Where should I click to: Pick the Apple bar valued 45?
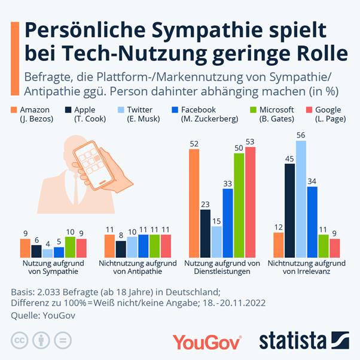[x=290, y=210]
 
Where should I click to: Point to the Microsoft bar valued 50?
[x=239, y=205]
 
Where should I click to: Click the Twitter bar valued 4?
[x=48, y=252]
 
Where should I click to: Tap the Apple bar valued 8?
[x=121, y=248]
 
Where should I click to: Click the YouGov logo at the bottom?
[x=207, y=341]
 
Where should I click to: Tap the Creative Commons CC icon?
[x=21, y=341]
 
